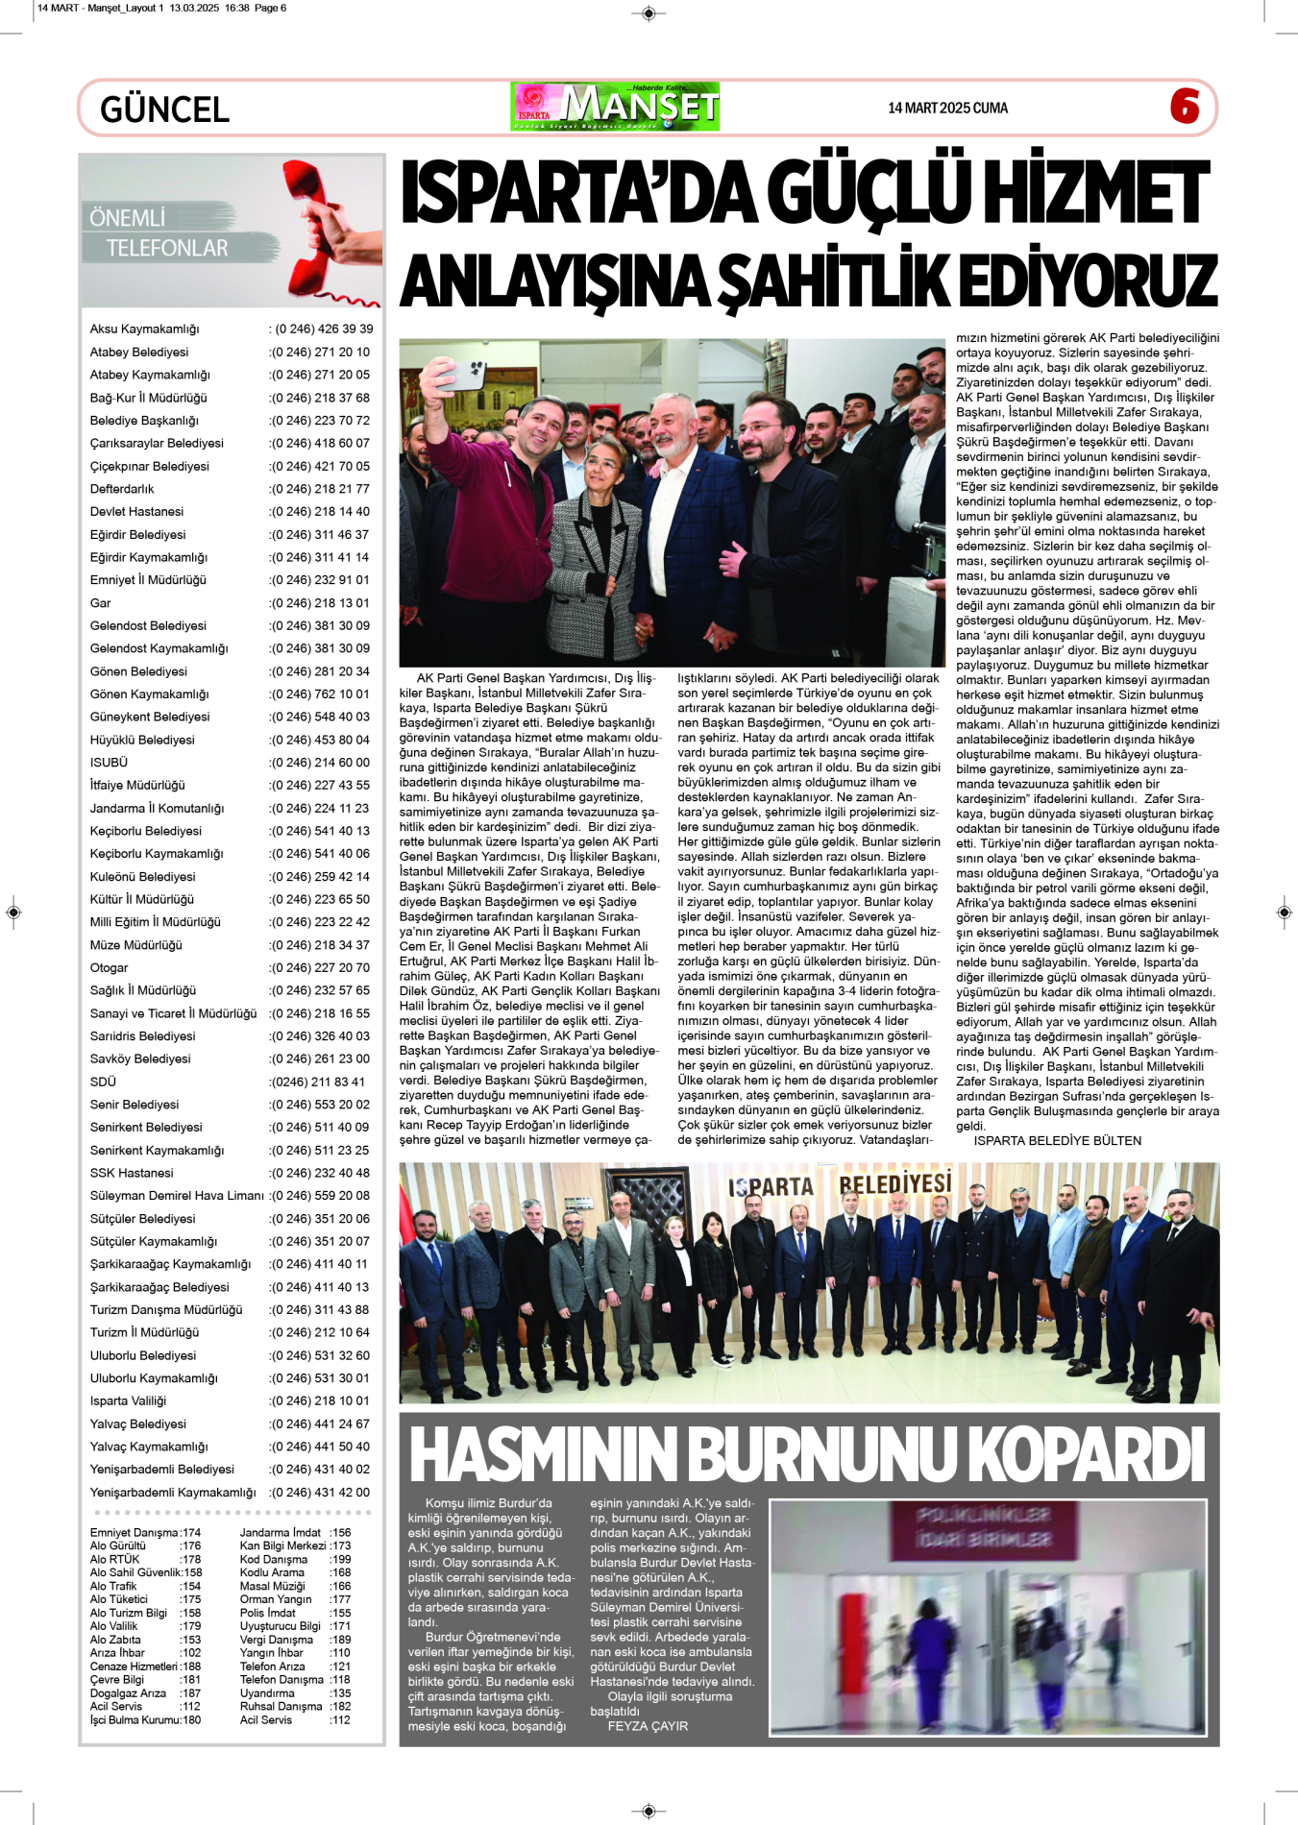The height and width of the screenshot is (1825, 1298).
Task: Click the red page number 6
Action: [x=1185, y=106]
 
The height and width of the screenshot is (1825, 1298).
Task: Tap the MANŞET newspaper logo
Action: [x=615, y=107]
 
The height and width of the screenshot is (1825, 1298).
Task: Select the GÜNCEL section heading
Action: [x=164, y=109]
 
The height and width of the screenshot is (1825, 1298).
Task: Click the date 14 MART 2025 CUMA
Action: [x=947, y=108]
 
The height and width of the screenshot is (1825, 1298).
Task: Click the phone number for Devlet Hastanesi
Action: [x=320, y=512]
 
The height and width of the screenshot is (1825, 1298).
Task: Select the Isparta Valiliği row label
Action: [x=128, y=1401]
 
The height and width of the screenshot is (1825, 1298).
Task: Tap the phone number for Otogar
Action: [x=320, y=968]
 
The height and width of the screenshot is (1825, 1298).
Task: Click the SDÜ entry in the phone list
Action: [x=103, y=1082]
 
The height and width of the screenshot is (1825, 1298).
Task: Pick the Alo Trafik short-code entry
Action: [x=113, y=1586]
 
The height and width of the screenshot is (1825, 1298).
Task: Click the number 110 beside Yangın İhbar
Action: [x=340, y=1653]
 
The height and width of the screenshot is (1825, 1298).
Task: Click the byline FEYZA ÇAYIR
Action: [x=648, y=1726]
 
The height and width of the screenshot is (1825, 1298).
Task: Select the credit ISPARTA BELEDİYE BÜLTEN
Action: [x=1057, y=1141]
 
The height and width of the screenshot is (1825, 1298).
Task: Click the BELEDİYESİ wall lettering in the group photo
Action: [x=894, y=1183]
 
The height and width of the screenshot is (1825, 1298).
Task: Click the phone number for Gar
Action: [x=320, y=603]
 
